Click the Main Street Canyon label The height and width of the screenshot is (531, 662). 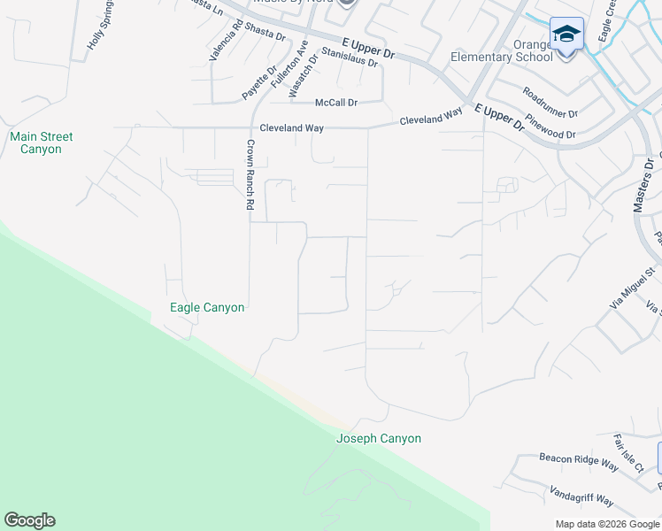pyautogui.click(x=41, y=143)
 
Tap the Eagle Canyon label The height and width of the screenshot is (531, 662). pyautogui.click(x=207, y=308)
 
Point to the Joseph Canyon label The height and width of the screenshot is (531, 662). pyautogui.click(x=379, y=439)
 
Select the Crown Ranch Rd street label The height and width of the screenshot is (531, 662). pyautogui.click(x=250, y=174)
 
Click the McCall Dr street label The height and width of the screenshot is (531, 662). pyautogui.click(x=336, y=103)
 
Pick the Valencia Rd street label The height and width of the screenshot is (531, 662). pyautogui.click(x=226, y=41)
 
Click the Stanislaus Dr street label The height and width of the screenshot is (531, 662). pyautogui.click(x=350, y=58)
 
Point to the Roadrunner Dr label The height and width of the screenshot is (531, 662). pyautogui.click(x=550, y=103)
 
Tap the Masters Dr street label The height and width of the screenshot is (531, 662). pyautogui.click(x=643, y=186)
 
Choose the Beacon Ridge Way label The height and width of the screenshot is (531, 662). pyautogui.click(x=579, y=461)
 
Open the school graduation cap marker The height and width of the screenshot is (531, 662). pyautogui.click(x=566, y=35)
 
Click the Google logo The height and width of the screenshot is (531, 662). pyautogui.click(x=29, y=520)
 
